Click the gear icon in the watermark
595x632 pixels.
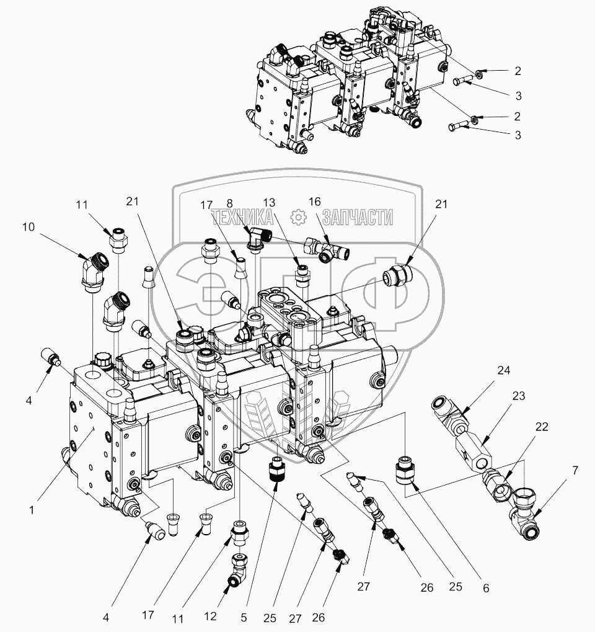point(298,216)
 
